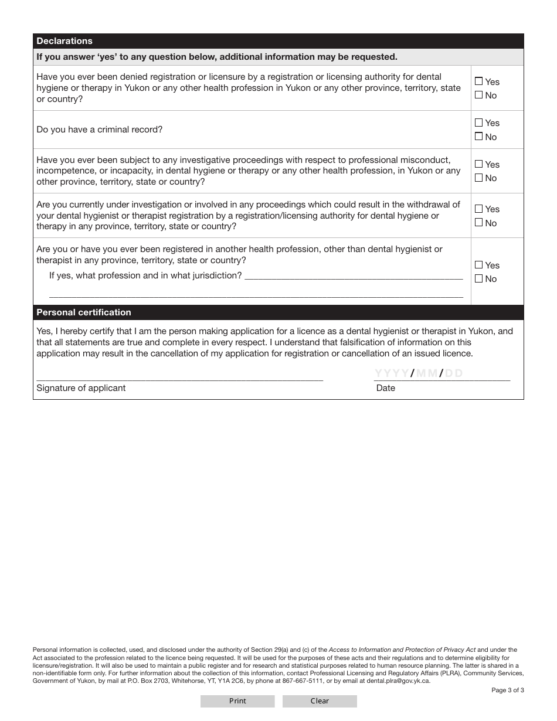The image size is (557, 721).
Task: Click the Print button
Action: (x=237, y=701)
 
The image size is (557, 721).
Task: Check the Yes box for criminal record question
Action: (x=479, y=123)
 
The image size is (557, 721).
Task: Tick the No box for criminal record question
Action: (x=479, y=137)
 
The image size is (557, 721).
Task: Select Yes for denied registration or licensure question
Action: (x=479, y=81)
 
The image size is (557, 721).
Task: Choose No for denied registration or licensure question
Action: (x=479, y=95)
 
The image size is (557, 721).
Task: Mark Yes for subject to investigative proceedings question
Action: (x=479, y=164)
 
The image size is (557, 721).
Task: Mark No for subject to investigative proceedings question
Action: (x=479, y=178)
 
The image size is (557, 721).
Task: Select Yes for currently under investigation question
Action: (x=479, y=209)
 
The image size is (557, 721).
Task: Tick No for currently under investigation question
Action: (x=479, y=223)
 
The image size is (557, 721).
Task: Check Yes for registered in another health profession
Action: (x=479, y=265)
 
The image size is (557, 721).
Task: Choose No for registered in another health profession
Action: (x=479, y=278)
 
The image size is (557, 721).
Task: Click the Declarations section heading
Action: (x=64, y=41)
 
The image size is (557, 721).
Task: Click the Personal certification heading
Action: (x=84, y=312)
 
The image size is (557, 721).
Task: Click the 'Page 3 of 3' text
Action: (x=507, y=690)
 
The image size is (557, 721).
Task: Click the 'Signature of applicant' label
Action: (x=81, y=388)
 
